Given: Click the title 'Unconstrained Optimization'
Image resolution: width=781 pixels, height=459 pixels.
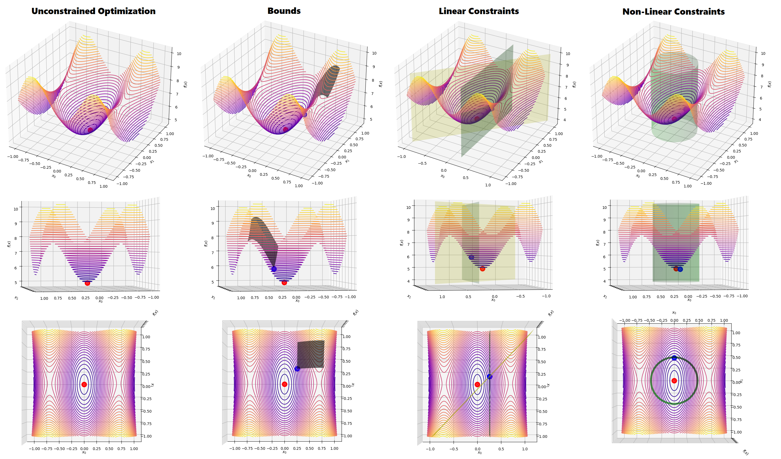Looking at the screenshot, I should coord(93,11).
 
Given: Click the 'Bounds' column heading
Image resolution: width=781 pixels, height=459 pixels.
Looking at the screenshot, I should coord(284,11).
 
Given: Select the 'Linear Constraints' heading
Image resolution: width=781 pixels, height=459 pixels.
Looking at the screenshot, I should coord(479,11).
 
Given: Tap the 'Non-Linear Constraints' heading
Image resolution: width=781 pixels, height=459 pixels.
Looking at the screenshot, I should coord(673,12).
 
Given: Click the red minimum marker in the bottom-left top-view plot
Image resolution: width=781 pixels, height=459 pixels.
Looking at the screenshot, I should coord(84,384).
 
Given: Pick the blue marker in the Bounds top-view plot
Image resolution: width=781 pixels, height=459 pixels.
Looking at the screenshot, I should coord(297,369).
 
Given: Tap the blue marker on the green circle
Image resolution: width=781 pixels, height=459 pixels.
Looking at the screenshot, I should coord(674,358).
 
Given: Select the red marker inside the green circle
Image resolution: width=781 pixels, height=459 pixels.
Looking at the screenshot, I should coord(674,381).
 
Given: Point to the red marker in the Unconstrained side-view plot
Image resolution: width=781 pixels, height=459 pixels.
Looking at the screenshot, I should coord(87,283).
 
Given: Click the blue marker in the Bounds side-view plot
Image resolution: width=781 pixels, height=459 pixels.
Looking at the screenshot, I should coord(274,269).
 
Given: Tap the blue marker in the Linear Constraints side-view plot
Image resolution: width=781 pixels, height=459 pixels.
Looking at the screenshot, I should coord(471,257).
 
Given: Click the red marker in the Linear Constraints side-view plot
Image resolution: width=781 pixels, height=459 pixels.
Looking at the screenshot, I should coord(482,269).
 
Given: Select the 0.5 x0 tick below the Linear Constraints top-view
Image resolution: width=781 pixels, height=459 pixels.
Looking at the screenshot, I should coord(501,449).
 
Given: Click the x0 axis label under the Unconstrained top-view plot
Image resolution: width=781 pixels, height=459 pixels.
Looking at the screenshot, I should coord(84,452).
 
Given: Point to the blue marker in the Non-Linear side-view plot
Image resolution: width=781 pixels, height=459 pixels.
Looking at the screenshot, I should coord(680,269).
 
